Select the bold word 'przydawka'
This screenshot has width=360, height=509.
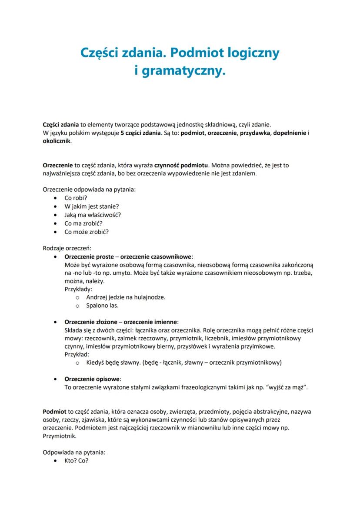tap(253, 133)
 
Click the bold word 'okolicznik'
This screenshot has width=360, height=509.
tap(57, 141)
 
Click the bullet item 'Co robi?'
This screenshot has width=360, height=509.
tap(76, 198)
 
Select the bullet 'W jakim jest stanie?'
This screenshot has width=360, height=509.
tap(91, 206)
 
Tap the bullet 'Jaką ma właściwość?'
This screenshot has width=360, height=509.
tap(93, 215)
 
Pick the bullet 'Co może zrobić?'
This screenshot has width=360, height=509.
tap(87, 232)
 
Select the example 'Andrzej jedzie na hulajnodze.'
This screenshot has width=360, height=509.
tap(126, 297)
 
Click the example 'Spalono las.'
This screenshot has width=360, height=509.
tap(102, 306)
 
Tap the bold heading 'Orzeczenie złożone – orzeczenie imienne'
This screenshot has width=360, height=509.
tap(121, 322)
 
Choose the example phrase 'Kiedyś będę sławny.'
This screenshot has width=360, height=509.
tap(113, 363)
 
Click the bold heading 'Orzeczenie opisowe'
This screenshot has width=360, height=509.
tap(93, 379)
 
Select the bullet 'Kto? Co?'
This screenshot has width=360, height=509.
tap(77, 460)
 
